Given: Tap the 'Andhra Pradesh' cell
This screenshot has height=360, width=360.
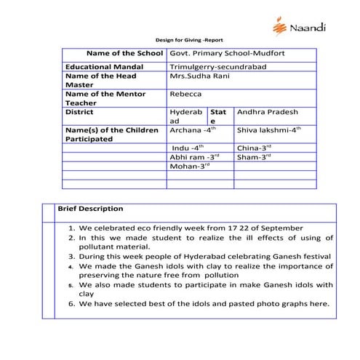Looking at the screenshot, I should [x=267, y=113].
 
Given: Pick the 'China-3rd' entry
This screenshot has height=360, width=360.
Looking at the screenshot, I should [x=254, y=148].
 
